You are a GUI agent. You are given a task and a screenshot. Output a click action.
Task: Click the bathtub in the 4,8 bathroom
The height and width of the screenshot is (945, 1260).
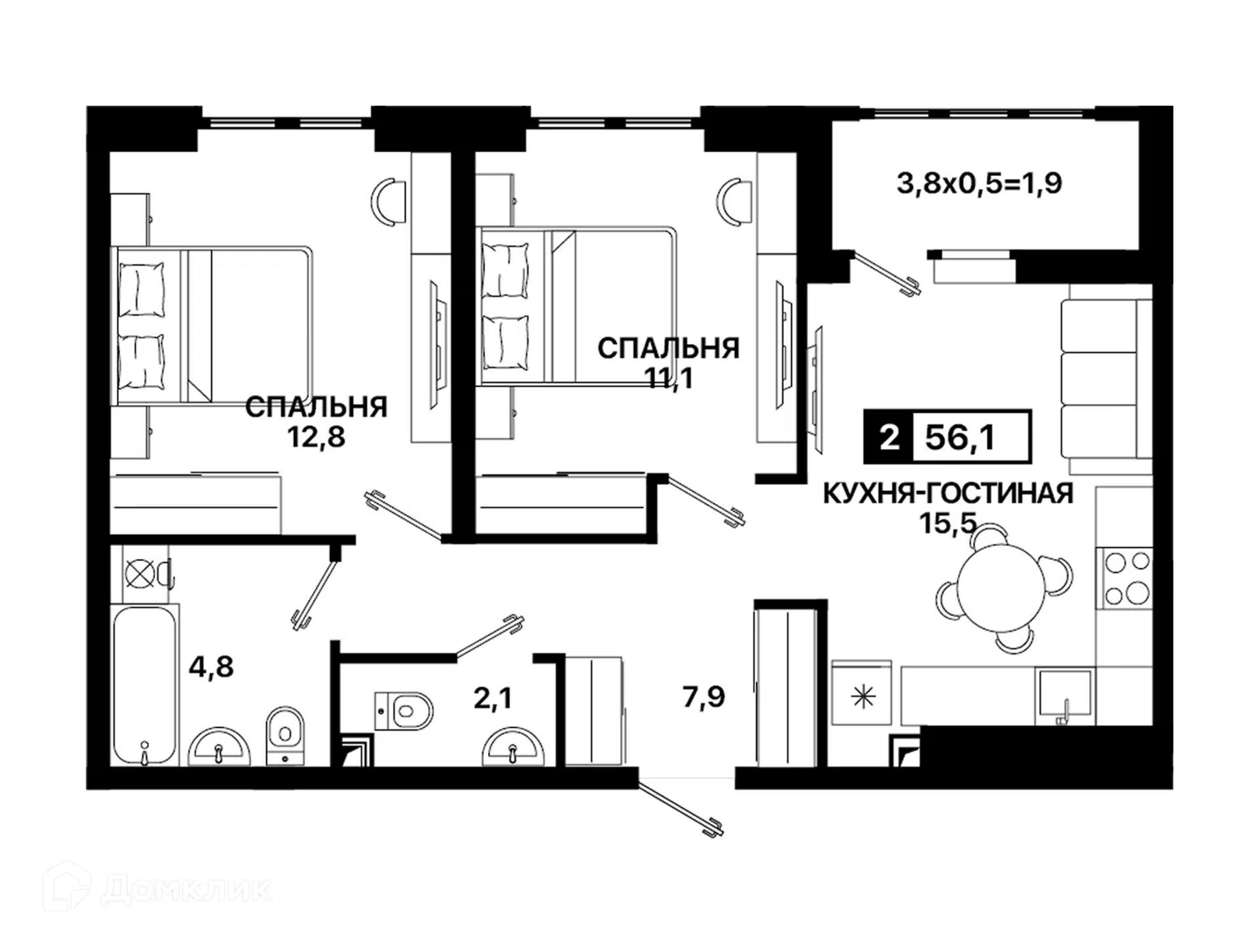pyautogui.click(x=144, y=684)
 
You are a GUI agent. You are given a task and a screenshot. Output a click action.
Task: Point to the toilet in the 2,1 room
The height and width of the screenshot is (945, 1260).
pyautogui.click(x=402, y=710)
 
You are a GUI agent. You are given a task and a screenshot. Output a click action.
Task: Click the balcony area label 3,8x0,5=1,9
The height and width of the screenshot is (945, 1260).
pyautogui.click(x=979, y=184)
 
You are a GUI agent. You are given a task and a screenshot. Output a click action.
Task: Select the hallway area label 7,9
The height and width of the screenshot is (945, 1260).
pyautogui.click(x=703, y=697)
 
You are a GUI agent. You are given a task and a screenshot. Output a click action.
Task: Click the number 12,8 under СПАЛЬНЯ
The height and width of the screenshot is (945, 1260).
pyautogui.click(x=316, y=437)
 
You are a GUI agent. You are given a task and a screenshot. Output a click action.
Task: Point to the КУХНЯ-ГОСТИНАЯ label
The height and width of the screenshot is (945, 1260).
pyautogui.click(x=948, y=494)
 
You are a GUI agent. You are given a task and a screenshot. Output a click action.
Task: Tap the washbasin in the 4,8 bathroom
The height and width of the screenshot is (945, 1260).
pyautogui.click(x=219, y=747)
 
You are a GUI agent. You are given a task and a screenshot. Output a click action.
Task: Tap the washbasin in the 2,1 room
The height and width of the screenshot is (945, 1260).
pyautogui.click(x=512, y=746)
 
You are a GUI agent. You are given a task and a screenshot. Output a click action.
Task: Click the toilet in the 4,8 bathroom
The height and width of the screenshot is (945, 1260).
pyautogui.click(x=286, y=736)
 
